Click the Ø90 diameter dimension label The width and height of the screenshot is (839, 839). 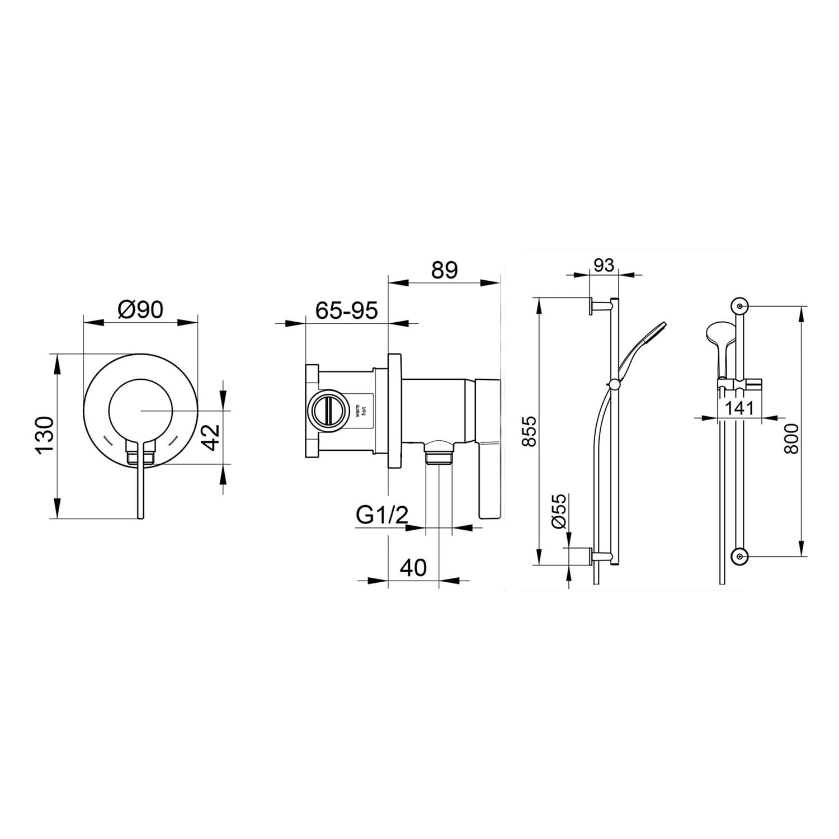click(141, 309)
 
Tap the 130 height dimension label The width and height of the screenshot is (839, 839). click(44, 436)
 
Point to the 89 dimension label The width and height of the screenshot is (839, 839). click(445, 270)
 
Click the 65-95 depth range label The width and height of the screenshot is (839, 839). click(347, 310)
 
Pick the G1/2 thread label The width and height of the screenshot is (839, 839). click(383, 515)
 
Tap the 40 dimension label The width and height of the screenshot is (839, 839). click(413, 568)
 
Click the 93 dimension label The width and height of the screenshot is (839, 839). click(604, 265)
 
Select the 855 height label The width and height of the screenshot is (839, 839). click(529, 431)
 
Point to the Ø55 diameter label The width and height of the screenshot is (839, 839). click(559, 511)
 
